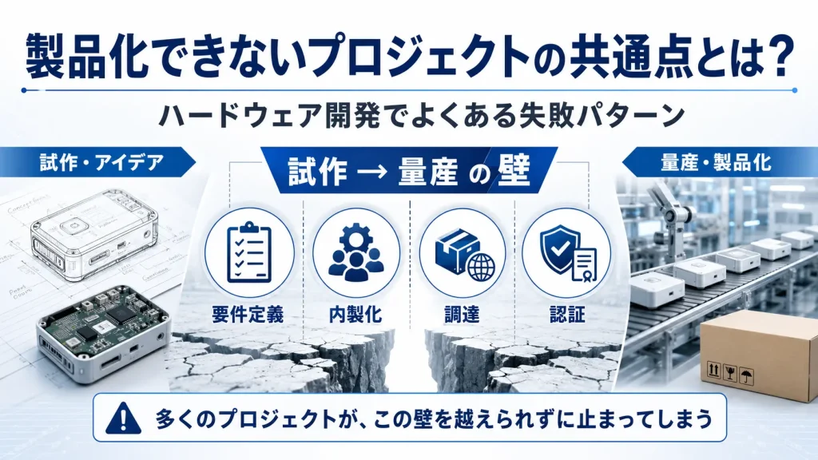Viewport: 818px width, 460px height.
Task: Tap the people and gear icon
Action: [356, 252]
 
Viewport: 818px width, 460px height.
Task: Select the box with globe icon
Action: [463, 254]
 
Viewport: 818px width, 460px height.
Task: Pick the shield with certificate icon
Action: [568, 253]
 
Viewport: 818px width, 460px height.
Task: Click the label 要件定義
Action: [248, 315]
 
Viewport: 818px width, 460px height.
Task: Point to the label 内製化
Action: [355, 315]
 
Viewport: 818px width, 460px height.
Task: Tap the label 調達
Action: [462, 315]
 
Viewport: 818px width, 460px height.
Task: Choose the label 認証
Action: [568, 315]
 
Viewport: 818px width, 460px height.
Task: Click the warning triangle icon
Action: [123, 418]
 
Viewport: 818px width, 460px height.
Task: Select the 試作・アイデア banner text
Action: [101, 163]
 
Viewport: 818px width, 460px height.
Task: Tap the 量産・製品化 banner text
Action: [716, 163]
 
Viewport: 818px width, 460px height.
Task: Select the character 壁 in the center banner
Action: [514, 171]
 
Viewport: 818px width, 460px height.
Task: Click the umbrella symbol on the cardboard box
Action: [747, 375]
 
